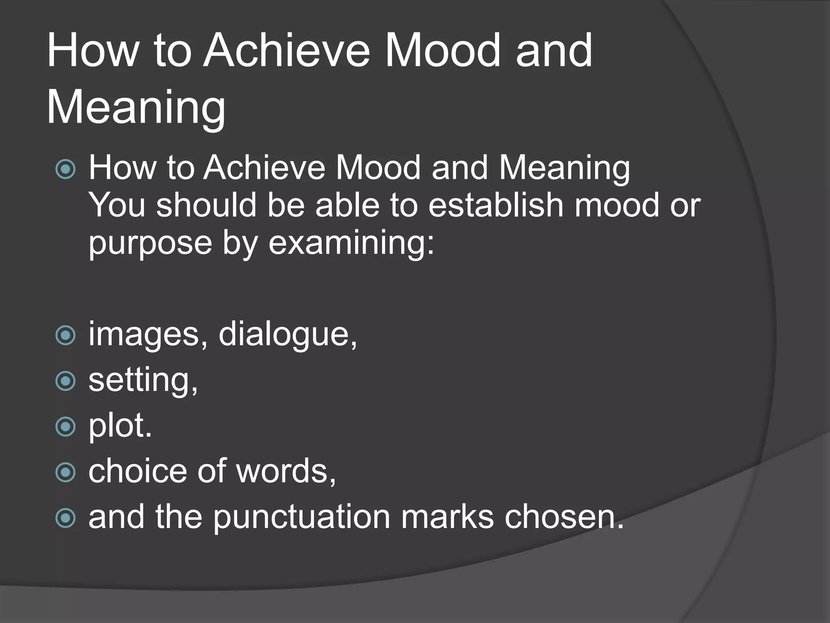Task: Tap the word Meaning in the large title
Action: click(x=136, y=107)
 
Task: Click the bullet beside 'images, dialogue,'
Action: click(x=65, y=335)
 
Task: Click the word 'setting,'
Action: click(x=143, y=380)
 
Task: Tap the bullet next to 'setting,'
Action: click(x=65, y=381)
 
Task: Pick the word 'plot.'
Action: click(x=120, y=426)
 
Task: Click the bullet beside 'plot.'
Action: click(x=65, y=427)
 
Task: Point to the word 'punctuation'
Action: click(x=302, y=517)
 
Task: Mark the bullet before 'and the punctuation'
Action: click(x=65, y=518)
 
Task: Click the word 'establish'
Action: click(x=495, y=205)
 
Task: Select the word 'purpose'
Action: click(x=150, y=243)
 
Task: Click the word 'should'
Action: click(x=206, y=205)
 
